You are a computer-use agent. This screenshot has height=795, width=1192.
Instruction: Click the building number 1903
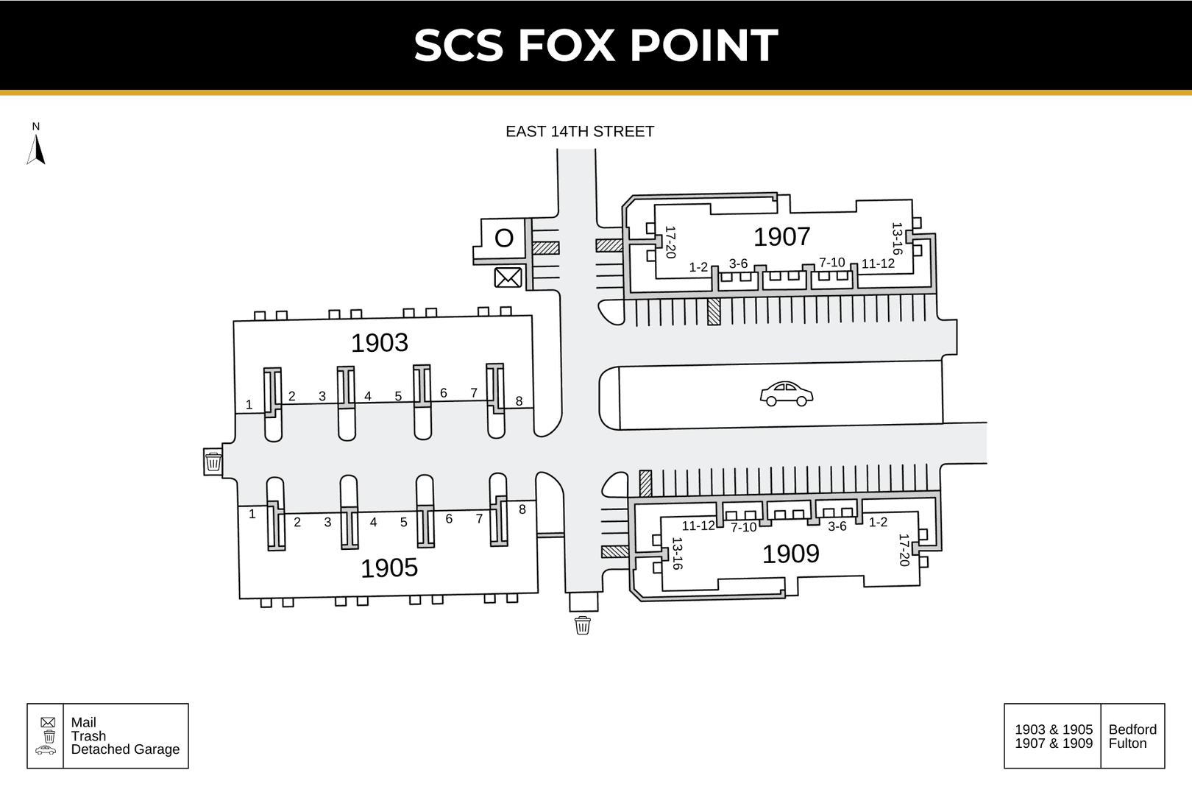click(380, 343)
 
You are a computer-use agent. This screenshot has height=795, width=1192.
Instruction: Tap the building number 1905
click(389, 568)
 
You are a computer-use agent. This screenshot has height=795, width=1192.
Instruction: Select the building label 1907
click(781, 237)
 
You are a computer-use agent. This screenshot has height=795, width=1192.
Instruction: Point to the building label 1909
click(791, 554)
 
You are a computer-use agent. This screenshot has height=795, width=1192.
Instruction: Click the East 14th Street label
click(580, 132)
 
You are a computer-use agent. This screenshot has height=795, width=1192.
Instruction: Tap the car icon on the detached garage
click(787, 394)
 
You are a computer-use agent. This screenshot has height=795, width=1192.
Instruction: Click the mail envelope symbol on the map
click(508, 278)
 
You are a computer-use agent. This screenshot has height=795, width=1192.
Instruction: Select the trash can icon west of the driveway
click(213, 461)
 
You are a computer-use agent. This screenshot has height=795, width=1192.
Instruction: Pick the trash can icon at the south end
click(583, 625)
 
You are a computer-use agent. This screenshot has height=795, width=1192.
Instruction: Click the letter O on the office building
click(504, 239)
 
